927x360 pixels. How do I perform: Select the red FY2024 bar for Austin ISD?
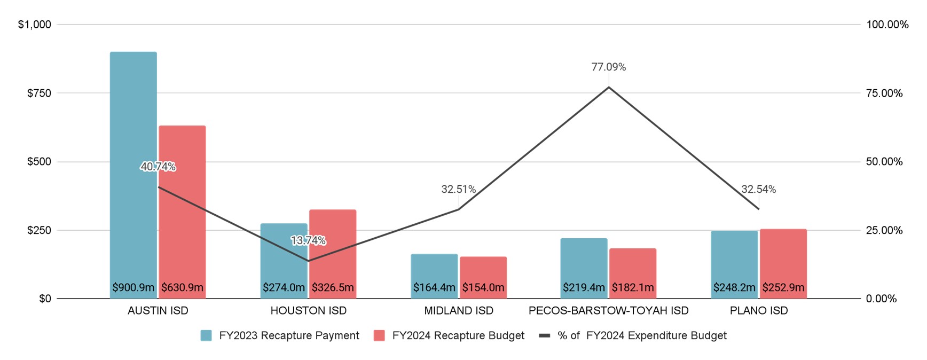[182, 224]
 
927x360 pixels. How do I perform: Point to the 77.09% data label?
[608, 67]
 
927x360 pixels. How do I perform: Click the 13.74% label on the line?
[308, 241]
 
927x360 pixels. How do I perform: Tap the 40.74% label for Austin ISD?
[158, 167]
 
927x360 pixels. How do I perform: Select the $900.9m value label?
[133, 288]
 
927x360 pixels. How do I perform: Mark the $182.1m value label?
[633, 288]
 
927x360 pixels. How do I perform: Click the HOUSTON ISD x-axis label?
[308, 311]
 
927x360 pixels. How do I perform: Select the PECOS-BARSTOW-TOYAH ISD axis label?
[608, 311]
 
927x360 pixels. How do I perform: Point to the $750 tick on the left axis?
[39, 93]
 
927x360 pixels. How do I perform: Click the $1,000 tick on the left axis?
[35, 25]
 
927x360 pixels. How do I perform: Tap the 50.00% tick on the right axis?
[884, 162]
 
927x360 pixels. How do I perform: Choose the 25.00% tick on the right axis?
[884, 231]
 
